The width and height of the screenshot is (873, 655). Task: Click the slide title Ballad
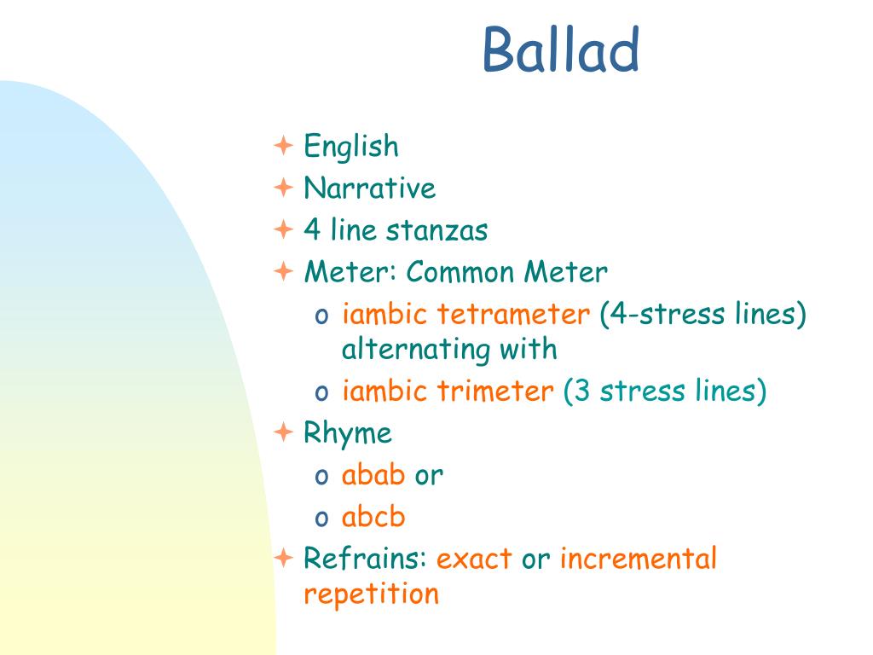tap(561, 49)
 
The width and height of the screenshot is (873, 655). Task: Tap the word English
tap(351, 147)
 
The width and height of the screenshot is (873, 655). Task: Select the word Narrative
tap(370, 188)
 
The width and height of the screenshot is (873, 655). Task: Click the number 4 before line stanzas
tap(312, 229)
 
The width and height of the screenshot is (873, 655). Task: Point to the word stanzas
tap(437, 230)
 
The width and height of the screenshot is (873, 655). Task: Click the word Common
tap(460, 272)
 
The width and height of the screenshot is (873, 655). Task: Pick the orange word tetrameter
tap(512, 314)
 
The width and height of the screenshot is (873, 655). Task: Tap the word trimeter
tap(495, 391)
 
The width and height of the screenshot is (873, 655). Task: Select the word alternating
tap(416, 350)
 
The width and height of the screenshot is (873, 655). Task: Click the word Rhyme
tap(348, 433)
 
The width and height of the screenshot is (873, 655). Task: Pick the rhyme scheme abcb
tap(373, 516)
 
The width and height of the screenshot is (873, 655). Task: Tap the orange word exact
tap(474, 559)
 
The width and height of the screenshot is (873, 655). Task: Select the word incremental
tap(638, 558)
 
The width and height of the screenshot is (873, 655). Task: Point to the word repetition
tap(372, 594)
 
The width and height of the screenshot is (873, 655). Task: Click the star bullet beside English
tap(283, 145)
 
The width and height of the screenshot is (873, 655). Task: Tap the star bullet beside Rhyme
tap(283, 432)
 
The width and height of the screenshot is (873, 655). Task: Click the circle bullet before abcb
tap(321, 519)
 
